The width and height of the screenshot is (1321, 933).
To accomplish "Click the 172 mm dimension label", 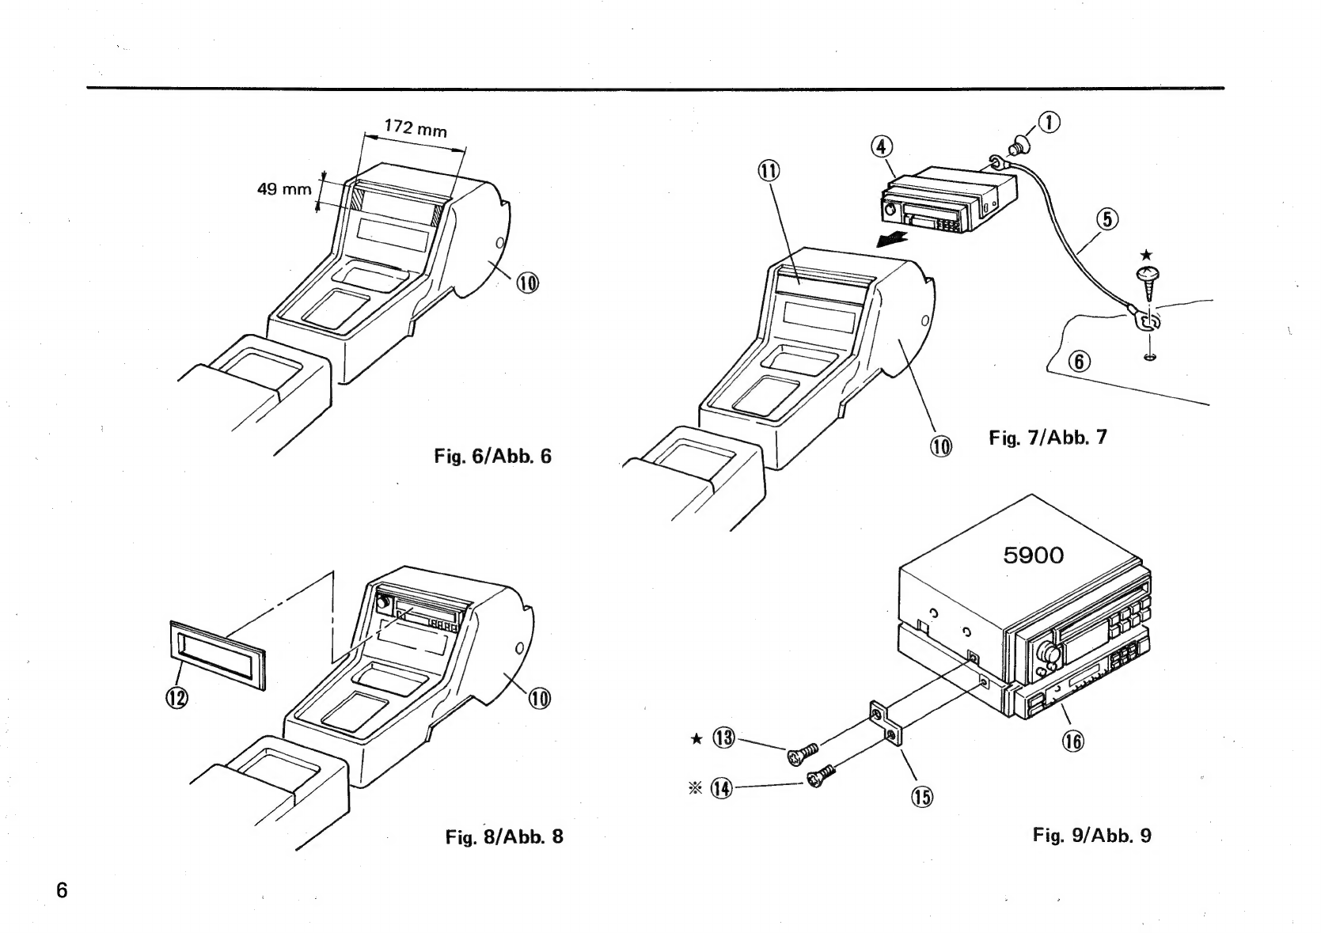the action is tap(416, 128).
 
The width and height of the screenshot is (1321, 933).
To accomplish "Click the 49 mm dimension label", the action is tap(284, 189).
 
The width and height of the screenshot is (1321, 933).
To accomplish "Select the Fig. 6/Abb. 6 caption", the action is tap(493, 456).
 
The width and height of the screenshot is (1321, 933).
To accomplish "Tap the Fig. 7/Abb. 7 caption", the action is tap(1048, 437).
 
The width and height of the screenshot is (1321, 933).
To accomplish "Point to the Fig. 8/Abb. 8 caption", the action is tap(504, 836).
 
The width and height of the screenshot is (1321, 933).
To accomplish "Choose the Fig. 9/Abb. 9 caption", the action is tap(1092, 835).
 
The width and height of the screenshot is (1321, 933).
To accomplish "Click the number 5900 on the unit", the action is tap(1033, 555).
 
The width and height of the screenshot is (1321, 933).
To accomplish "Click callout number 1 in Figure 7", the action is tap(1050, 123).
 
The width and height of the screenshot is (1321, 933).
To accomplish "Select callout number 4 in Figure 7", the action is tap(882, 147).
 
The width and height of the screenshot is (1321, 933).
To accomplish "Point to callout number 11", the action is tap(769, 171).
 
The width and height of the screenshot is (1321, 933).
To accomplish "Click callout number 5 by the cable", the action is tap(1107, 219).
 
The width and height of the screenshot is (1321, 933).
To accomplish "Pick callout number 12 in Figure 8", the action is tap(177, 698).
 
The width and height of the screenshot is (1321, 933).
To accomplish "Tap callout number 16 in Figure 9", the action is tap(1073, 741).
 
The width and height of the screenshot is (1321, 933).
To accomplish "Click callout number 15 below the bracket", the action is tap(922, 798).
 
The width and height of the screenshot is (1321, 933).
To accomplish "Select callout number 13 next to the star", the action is tap(723, 738).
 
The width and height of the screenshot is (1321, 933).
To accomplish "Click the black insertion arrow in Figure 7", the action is tap(891, 240).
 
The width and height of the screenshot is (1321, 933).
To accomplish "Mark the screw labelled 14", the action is tap(820, 776).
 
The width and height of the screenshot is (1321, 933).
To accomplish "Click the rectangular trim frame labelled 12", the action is tap(218, 655).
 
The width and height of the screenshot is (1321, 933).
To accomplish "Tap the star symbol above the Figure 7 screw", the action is tap(1146, 255).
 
